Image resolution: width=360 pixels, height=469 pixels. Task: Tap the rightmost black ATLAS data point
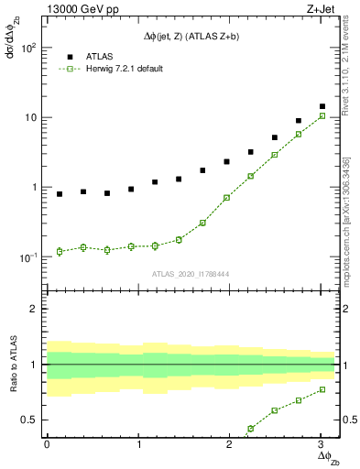322,106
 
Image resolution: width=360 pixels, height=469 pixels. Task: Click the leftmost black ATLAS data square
60,194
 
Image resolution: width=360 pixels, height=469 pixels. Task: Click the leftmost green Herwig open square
60,251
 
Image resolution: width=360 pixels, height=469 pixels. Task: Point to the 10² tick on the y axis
29,48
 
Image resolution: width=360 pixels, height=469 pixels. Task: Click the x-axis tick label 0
47,444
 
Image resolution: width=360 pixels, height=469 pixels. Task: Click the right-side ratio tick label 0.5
347,420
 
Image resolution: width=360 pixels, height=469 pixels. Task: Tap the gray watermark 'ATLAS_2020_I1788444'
191,273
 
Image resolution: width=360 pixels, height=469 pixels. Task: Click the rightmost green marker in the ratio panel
322,389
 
